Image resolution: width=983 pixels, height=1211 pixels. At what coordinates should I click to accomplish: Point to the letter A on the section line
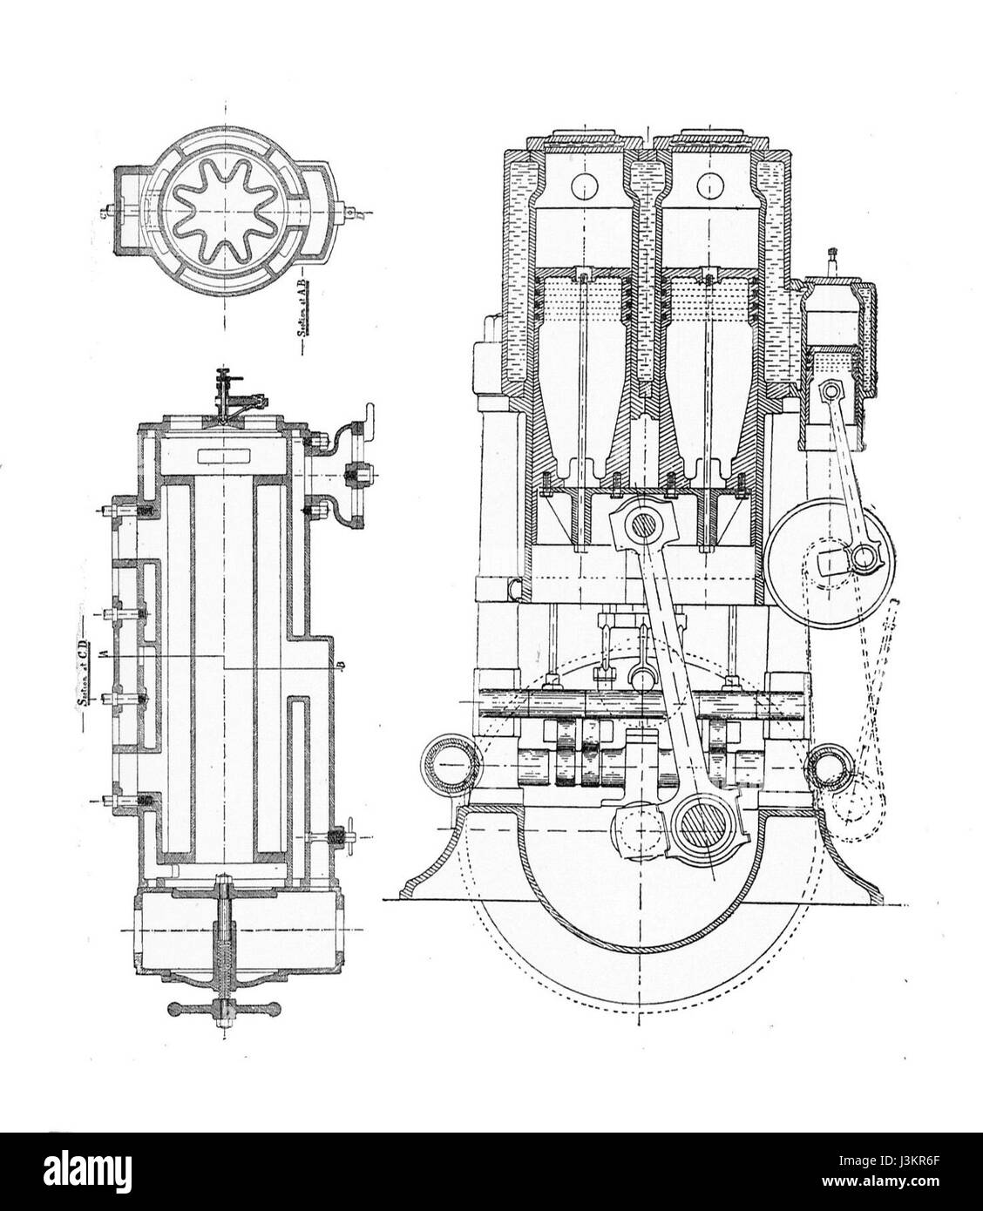pos(103,653)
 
